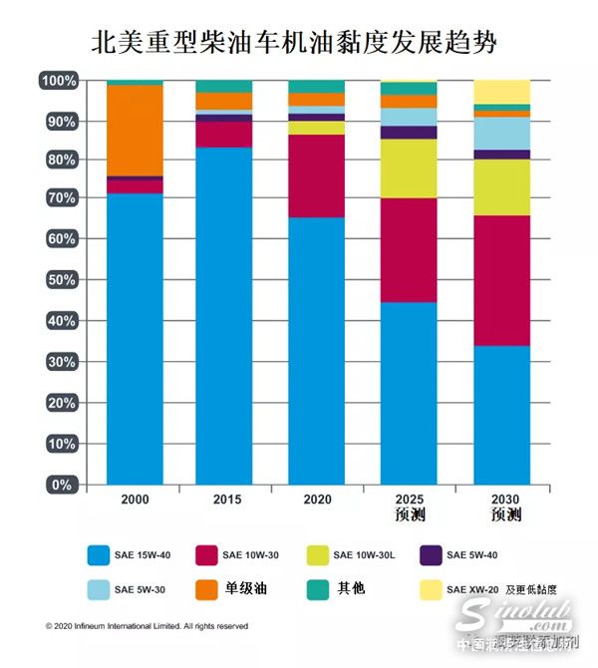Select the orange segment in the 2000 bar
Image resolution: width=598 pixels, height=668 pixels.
pyautogui.click(x=135, y=130)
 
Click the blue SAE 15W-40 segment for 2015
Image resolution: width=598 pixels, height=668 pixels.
pyautogui.click(x=224, y=315)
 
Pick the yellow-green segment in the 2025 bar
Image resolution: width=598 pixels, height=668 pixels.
pyautogui.click(x=409, y=168)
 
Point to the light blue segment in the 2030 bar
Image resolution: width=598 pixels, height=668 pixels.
pyautogui.click(x=501, y=133)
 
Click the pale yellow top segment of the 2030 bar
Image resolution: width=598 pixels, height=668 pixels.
pyautogui.click(x=501, y=92)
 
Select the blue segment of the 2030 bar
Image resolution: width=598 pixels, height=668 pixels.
pyautogui.click(x=501, y=415)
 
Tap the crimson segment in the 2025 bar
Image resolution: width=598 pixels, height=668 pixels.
pyautogui.click(x=409, y=250)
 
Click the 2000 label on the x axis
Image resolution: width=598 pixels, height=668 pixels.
pyautogui.click(x=135, y=499)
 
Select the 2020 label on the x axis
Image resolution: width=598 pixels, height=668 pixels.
pyautogui.click(x=317, y=499)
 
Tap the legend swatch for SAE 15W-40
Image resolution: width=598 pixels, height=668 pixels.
pyautogui.click(x=97, y=554)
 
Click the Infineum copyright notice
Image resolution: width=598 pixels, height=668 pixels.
pyautogui.click(x=147, y=627)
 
